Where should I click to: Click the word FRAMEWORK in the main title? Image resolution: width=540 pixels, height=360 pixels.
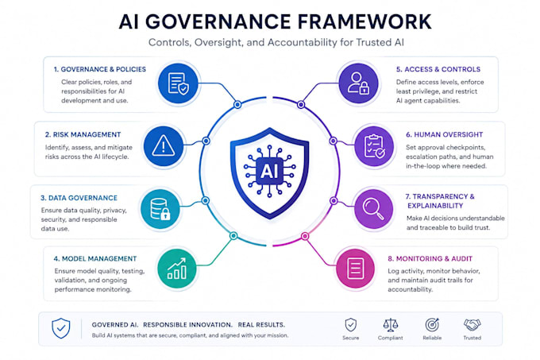pyautogui.click(x=364, y=21)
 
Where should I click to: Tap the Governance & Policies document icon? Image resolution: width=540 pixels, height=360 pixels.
pyautogui.click(x=179, y=83)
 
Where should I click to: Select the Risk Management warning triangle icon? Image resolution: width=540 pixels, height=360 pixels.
pyautogui.click(x=164, y=146)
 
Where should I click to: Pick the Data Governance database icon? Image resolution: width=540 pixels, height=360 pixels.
pyautogui.click(x=160, y=209)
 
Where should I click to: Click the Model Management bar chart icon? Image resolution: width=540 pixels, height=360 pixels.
pyautogui.click(x=177, y=269)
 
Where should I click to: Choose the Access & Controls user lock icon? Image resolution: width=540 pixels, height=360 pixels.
pyautogui.click(x=358, y=83)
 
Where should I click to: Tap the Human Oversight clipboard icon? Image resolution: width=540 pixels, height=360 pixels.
pyautogui.click(x=374, y=146)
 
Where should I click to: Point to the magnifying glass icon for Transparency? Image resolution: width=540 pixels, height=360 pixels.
pyautogui.click(x=374, y=209)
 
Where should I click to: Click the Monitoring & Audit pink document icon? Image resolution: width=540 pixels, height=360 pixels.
pyautogui.click(x=356, y=269)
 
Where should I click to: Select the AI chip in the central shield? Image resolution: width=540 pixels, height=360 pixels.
pyautogui.click(x=270, y=171)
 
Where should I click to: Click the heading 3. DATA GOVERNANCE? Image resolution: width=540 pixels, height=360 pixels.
pyautogui.click(x=79, y=198)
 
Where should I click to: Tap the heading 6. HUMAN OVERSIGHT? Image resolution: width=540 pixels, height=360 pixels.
pyautogui.click(x=444, y=134)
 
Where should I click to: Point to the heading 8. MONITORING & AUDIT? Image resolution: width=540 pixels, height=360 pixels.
pyautogui.click(x=430, y=258)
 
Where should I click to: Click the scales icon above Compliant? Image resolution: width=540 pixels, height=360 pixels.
pyautogui.click(x=391, y=324)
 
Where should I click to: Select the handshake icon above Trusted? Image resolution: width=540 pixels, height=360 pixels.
pyautogui.click(x=472, y=324)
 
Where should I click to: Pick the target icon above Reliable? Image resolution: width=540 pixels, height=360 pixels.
pyautogui.click(x=432, y=324)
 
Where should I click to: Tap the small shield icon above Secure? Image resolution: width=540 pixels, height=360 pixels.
pyautogui.click(x=350, y=324)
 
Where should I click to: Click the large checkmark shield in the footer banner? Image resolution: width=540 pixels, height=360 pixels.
pyautogui.click(x=61, y=328)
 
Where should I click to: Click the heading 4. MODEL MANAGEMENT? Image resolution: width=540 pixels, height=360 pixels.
pyautogui.click(x=95, y=258)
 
